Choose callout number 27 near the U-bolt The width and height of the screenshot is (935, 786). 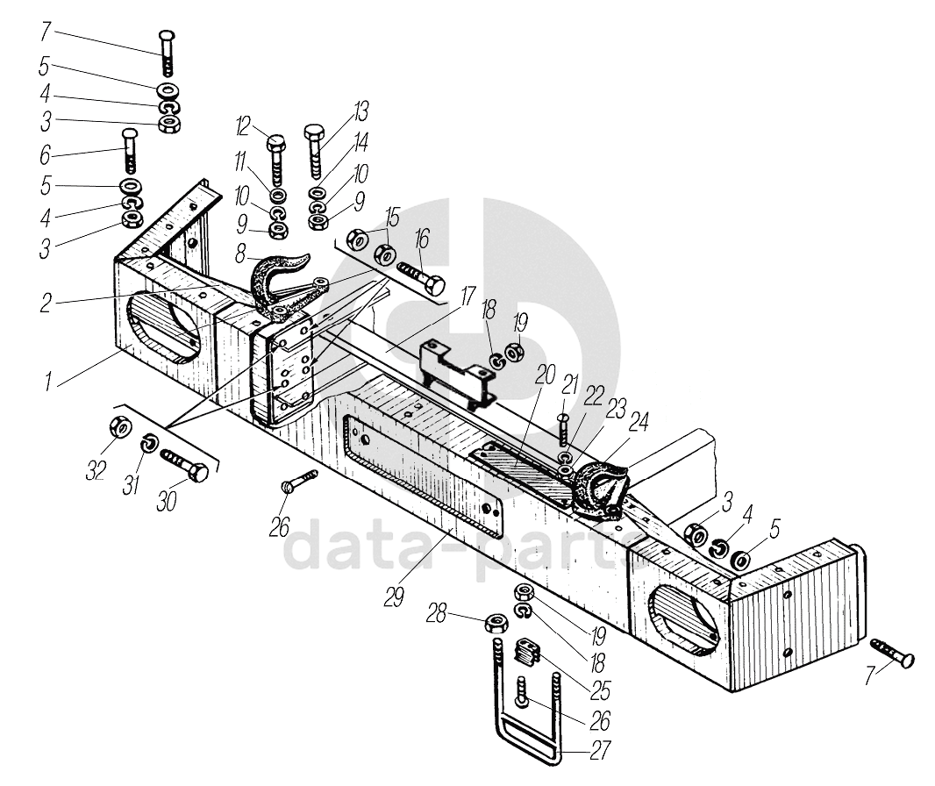(600, 752)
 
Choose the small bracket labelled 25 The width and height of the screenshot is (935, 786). (526, 654)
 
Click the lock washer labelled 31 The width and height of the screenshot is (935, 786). (148, 447)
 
